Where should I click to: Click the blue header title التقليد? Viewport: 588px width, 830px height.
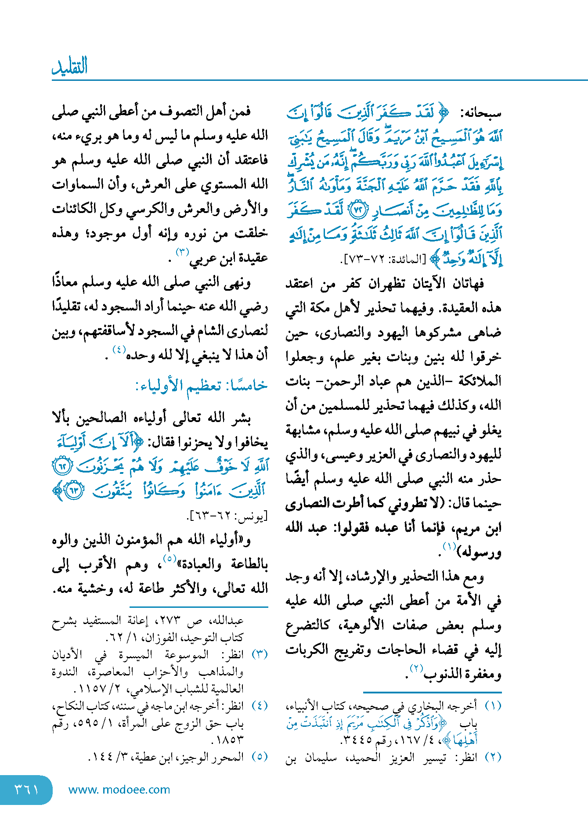point(70,66)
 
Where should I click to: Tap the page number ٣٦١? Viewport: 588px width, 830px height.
point(26,790)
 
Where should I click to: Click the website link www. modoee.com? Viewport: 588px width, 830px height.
point(119,790)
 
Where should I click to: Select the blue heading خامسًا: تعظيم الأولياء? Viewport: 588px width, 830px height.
point(202,386)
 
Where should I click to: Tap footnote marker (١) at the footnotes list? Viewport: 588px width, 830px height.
point(493,706)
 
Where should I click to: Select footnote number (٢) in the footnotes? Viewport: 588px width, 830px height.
point(493,757)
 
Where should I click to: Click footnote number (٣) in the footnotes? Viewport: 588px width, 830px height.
point(260,654)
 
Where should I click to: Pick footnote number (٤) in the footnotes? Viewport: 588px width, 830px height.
point(260,706)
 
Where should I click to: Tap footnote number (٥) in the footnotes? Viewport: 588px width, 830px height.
point(260,757)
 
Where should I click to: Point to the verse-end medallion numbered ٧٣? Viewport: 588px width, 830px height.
point(357,211)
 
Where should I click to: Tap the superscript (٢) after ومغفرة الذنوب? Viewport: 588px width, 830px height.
point(416,669)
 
